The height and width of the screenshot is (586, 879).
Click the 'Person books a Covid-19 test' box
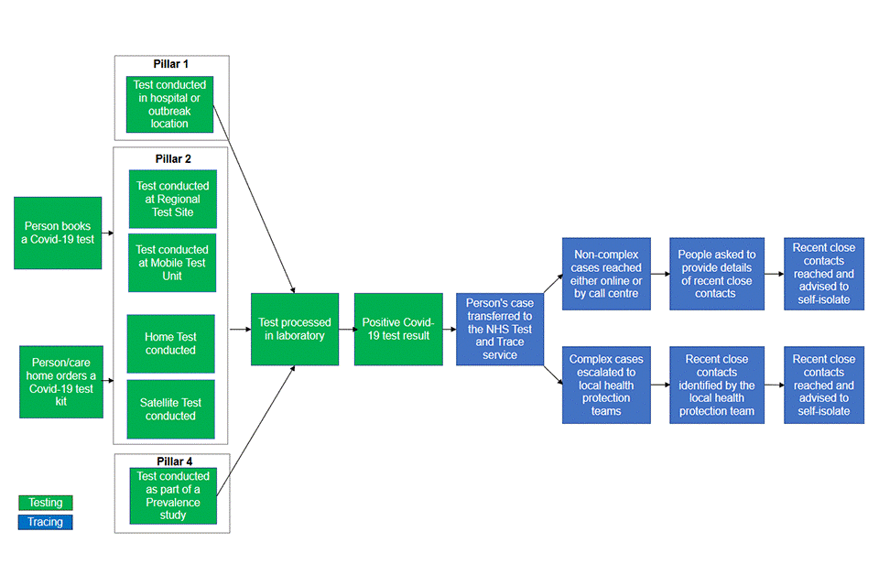[x=58, y=233]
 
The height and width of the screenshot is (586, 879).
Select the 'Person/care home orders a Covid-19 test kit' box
[x=61, y=382]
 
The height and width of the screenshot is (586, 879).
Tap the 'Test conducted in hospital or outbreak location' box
[x=169, y=103]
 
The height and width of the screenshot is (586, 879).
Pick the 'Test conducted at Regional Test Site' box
[x=173, y=199]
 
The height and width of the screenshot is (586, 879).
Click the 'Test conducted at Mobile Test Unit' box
[x=172, y=263]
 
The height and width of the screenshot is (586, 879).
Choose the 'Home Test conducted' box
[x=170, y=343]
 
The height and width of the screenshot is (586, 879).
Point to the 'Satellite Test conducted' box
[x=170, y=409]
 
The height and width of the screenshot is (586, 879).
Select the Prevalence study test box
[x=172, y=495]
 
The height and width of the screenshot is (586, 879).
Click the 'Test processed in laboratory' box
[x=295, y=329]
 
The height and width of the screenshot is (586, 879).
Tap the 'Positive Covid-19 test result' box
[x=396, y=329]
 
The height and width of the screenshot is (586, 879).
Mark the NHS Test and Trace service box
[x=499, y=329]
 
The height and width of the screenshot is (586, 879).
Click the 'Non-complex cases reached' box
[x=606, y=274]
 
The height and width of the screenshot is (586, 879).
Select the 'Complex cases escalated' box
[x=606, y=385]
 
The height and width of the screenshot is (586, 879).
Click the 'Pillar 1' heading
[x=171, y=64]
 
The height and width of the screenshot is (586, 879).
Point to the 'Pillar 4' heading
[x=172, y=461]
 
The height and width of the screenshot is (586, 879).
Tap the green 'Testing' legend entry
[x=46, y=503]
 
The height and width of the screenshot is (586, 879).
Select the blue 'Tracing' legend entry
[x=46, y=522]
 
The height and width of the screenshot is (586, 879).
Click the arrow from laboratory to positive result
[x=346, y=329]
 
